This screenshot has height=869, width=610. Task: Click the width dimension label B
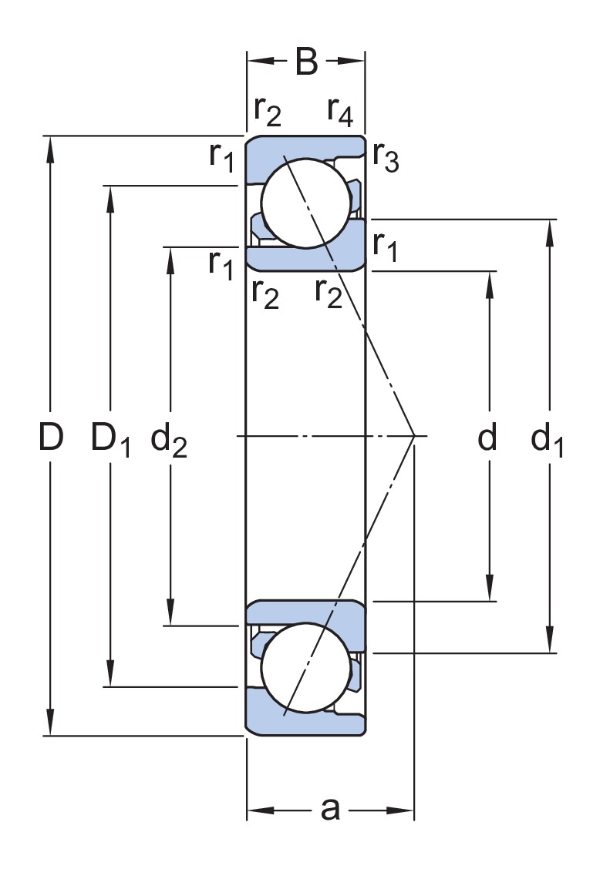coord(307,62)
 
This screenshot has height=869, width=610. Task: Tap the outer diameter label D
coord(51,436)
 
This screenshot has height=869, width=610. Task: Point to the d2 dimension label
coord(169,439)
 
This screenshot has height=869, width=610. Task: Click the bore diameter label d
coord(487,436)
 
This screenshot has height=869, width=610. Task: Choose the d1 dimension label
coord(548,439)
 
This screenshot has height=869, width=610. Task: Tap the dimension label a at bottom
coord(331,809)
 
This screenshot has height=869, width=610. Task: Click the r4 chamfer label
coord(340,112)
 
